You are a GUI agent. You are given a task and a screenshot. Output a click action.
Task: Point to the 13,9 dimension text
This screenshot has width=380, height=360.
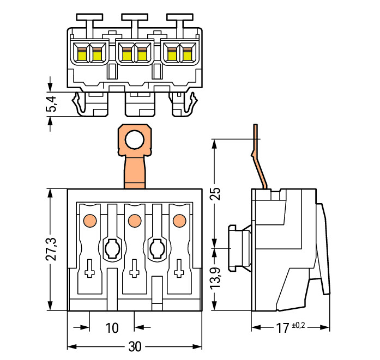pyautogui.click(x=216, y=278)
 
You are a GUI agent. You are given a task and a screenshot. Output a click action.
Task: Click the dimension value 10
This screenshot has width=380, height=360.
pyautogui.click(x=111, y=328)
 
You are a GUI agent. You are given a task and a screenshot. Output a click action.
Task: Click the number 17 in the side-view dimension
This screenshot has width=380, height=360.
pyautogui.click(x=282, y=328)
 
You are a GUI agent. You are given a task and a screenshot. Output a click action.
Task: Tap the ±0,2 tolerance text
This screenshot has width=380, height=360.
pyautogui.click(x=299, y=325)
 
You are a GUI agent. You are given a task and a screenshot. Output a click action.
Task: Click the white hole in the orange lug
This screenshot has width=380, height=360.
pyautogui.click(x=134, y=141)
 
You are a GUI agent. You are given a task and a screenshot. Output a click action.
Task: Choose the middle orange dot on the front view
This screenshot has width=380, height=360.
pyautogui.click(x=133, y=221)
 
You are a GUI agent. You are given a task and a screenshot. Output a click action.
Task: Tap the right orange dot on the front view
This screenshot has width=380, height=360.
pyautogui.click(x=178, y=221)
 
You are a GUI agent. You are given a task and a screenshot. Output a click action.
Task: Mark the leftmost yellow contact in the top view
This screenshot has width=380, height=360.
pyautogui.click(x=82, y=54)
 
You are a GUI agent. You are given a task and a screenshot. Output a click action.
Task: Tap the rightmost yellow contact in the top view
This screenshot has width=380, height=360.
pyautogui.click(x=187, y=54)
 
